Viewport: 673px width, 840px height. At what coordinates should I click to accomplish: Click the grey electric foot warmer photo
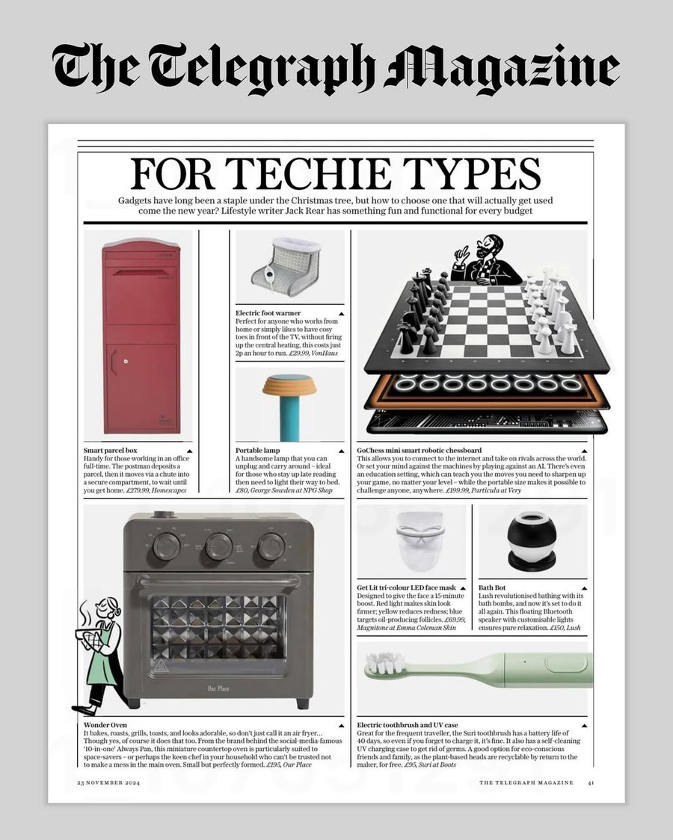pos(288,265)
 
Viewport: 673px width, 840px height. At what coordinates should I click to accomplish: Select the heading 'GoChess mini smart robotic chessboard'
pos(419,451)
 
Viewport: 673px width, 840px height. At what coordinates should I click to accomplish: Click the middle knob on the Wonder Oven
pos(218,546)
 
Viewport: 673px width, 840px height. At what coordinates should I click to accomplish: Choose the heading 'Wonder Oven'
pos(105,725)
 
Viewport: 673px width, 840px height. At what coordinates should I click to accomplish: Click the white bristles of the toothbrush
pos(381,664)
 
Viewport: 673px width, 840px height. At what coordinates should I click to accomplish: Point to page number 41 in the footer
pos(591,782)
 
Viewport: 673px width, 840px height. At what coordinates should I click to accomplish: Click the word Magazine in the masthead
pos(503,69)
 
